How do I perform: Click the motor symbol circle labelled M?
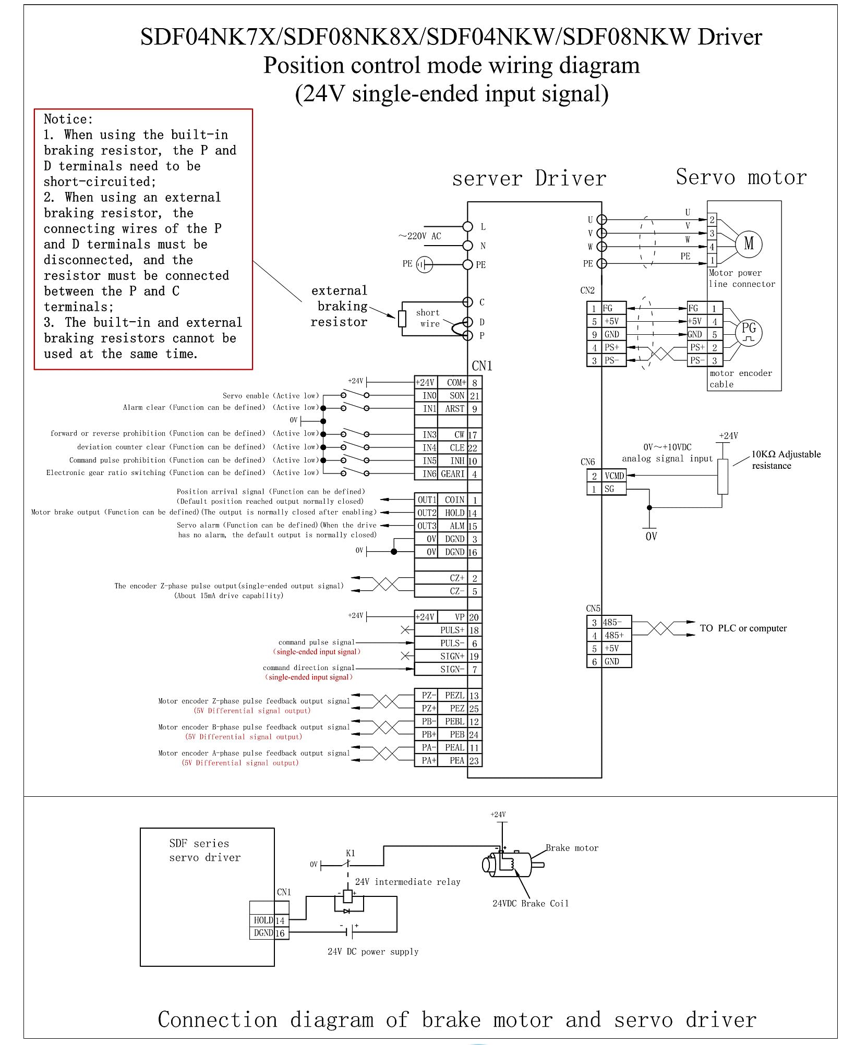pos(749,244)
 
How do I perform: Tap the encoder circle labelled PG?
pos(749,332)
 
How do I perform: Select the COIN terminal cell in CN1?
pos(454,500)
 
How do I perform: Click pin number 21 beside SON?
pos(474,396)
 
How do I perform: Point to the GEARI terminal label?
pos(452,474)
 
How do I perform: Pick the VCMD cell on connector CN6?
pos(614,476)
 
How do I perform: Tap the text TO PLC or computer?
pos(743,628)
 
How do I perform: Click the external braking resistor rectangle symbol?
pos(402,319)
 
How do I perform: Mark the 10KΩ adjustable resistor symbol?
pos(722,476)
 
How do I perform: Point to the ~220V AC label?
pos(420,236)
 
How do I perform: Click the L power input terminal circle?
pos(468,226)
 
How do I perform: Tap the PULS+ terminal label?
pos(452,630)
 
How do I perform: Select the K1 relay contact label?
pos(351,853)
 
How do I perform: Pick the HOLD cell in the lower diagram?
pos(263,920)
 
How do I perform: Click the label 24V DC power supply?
pos(372,952)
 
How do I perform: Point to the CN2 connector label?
pos(587,290)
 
